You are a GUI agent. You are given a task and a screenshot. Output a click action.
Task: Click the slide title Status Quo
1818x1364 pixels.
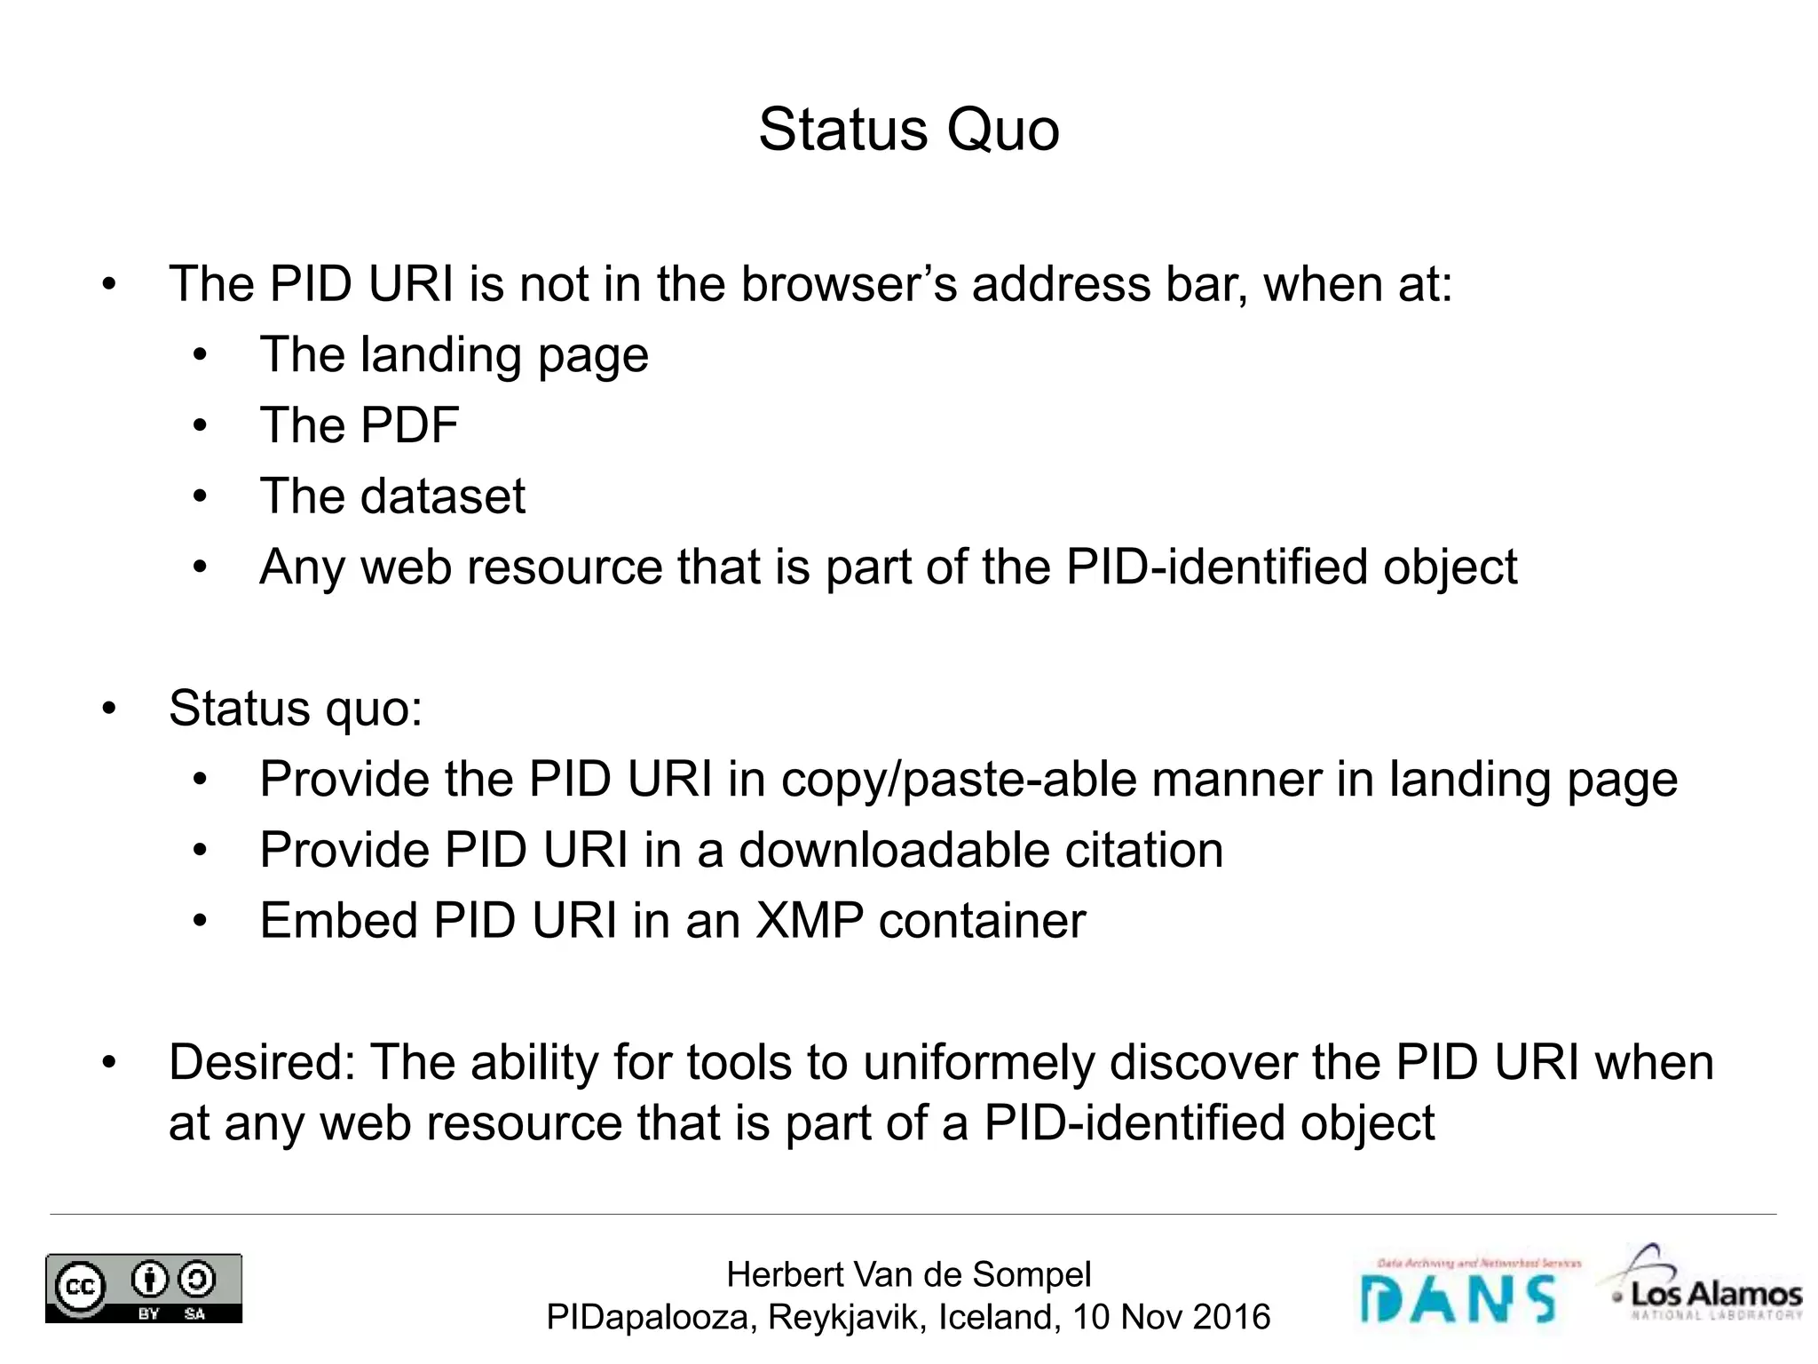tap(908, 131)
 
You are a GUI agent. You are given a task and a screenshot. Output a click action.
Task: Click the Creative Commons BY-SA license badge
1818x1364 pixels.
tap(144, 1288)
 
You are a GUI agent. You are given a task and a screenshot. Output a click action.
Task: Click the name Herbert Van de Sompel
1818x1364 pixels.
tap(908, 1274)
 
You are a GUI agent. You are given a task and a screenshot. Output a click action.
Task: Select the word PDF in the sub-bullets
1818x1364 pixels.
tap(408, 425)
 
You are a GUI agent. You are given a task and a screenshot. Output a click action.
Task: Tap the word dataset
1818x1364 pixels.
tap(442, 496)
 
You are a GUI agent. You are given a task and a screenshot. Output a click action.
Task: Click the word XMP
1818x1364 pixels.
tap(809, 920)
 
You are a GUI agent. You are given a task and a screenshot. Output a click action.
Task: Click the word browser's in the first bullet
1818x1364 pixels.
tap(849, 284)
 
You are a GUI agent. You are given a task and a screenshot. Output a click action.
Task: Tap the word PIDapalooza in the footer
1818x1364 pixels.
tap(651, 1317)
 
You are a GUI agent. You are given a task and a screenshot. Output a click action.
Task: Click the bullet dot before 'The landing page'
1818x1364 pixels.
tap(200, 356)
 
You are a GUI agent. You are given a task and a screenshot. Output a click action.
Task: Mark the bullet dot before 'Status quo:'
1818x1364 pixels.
tap(108, 710)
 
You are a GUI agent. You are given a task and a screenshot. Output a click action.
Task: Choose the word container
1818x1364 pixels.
tap(982, 920)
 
